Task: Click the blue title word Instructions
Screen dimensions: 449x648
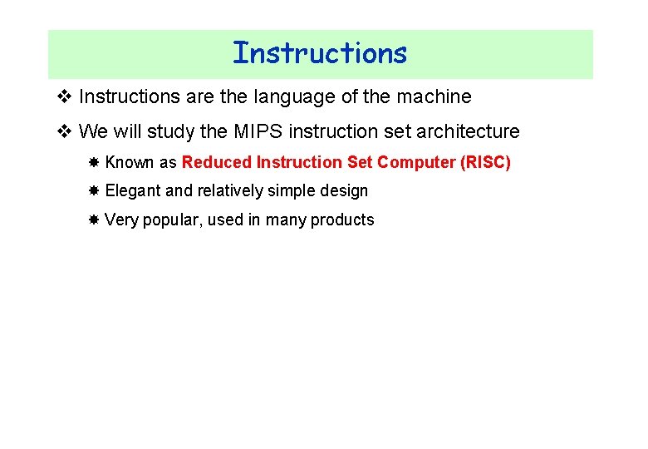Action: pos(320,53)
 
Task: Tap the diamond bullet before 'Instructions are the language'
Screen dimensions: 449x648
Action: pos(66,97)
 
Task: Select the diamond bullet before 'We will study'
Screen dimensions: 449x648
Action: pos(66,131)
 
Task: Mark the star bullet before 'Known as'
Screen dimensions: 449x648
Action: pos(94,162)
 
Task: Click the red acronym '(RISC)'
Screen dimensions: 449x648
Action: pos(485,162)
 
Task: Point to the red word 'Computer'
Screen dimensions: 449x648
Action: pos(416,162)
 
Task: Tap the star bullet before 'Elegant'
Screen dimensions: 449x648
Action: pos(94,191)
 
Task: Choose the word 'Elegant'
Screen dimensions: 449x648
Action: pos(133,191)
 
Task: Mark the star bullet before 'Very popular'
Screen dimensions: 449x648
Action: pos(94,220)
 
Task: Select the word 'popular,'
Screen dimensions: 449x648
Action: pos(171,220)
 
